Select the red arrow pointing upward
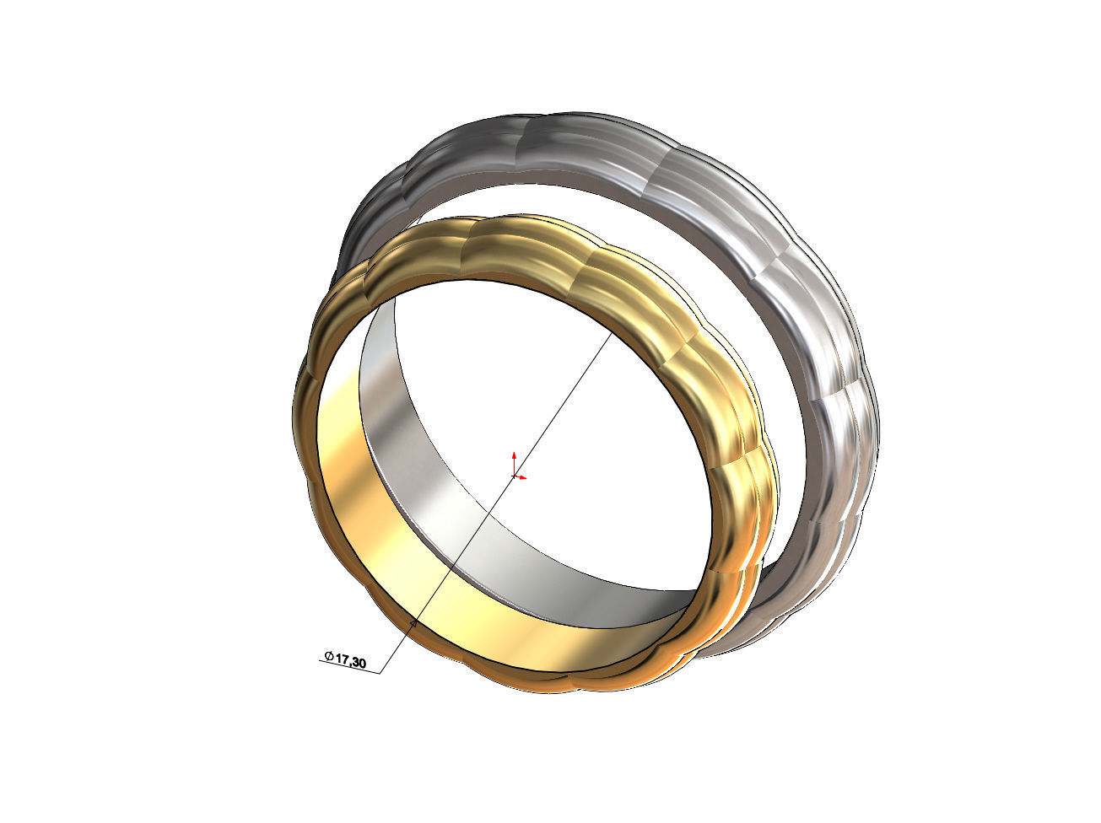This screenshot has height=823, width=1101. coord(514,460)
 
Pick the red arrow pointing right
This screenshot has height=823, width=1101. coord(523,477)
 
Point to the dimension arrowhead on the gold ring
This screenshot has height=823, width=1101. coord(413,624)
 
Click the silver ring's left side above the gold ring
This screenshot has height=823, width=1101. coord(371,219)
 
